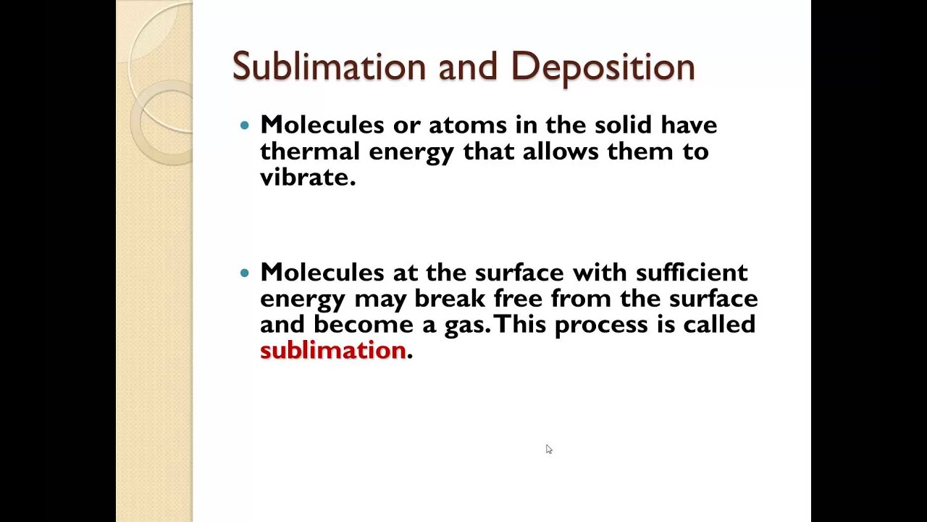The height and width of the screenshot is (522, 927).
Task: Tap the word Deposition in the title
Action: click(603, 67)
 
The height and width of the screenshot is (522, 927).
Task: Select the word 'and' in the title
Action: click(468, 67)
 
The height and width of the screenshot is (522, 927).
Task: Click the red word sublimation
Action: click(332, 350)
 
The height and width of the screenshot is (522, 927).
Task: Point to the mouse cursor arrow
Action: click(548, 449)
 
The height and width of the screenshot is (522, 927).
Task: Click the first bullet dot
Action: click(244, 125)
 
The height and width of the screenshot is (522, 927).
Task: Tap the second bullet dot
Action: click(244, 273)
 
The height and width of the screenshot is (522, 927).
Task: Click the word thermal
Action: click(309, 151)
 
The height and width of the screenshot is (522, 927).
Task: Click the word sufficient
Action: click(692, 273)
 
